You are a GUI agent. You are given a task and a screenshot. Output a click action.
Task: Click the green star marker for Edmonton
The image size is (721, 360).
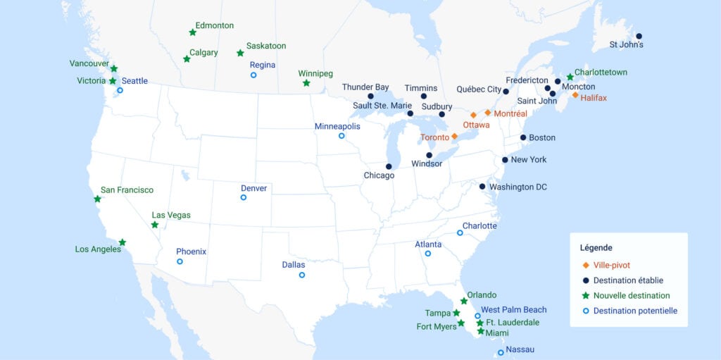coord(192,32)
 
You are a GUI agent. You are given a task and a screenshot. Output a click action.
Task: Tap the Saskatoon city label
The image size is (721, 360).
coord(266,46)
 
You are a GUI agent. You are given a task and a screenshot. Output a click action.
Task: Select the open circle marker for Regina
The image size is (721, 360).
coord(253,75)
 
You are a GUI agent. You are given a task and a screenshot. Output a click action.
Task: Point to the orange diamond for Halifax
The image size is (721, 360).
coord(575,95)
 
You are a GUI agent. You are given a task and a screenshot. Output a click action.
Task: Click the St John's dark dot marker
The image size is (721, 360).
coord(639,36)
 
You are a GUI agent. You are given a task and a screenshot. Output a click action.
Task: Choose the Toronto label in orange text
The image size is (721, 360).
coord(434,137)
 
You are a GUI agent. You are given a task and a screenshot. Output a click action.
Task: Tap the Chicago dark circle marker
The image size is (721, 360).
coord(389,167)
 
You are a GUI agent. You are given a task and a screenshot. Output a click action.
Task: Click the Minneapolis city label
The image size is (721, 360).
coord(337,126)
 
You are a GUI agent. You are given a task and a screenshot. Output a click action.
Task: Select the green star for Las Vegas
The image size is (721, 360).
coord(155,225)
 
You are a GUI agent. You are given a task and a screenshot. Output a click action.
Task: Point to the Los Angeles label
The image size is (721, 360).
coord(97,249)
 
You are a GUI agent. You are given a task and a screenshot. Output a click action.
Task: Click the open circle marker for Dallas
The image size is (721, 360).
coord(301,275)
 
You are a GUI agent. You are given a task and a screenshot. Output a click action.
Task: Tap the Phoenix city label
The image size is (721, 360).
coord(191,252)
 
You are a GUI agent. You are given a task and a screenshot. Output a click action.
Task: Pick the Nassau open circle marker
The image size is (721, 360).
coord(501,352)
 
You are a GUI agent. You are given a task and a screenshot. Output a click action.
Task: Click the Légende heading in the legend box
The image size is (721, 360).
coord(596,248)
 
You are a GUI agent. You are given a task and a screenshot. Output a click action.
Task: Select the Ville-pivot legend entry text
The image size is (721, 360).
coord(612,266)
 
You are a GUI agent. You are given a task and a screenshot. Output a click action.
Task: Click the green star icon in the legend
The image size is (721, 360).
coord(585,296)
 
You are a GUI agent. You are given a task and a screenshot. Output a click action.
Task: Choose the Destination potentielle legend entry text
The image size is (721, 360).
coord(635,311)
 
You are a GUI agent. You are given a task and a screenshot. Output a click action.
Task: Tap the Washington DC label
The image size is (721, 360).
coord(518,187)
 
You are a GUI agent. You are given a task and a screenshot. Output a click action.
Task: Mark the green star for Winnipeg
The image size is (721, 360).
coord(306,83)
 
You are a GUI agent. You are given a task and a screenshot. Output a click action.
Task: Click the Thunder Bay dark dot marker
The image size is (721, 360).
coord(370,96)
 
